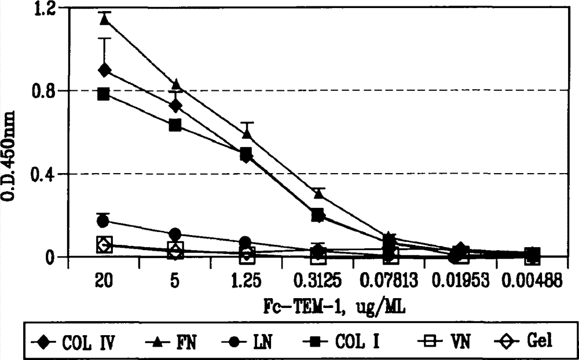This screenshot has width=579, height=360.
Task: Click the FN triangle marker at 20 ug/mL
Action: (105, 19)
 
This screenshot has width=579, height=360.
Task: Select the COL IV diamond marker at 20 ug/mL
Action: (105, 70)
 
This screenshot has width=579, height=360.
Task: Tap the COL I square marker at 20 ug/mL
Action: (104, 94)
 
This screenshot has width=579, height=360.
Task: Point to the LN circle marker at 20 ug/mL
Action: (103, 221)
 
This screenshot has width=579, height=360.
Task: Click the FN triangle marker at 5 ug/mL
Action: (177, 85)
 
